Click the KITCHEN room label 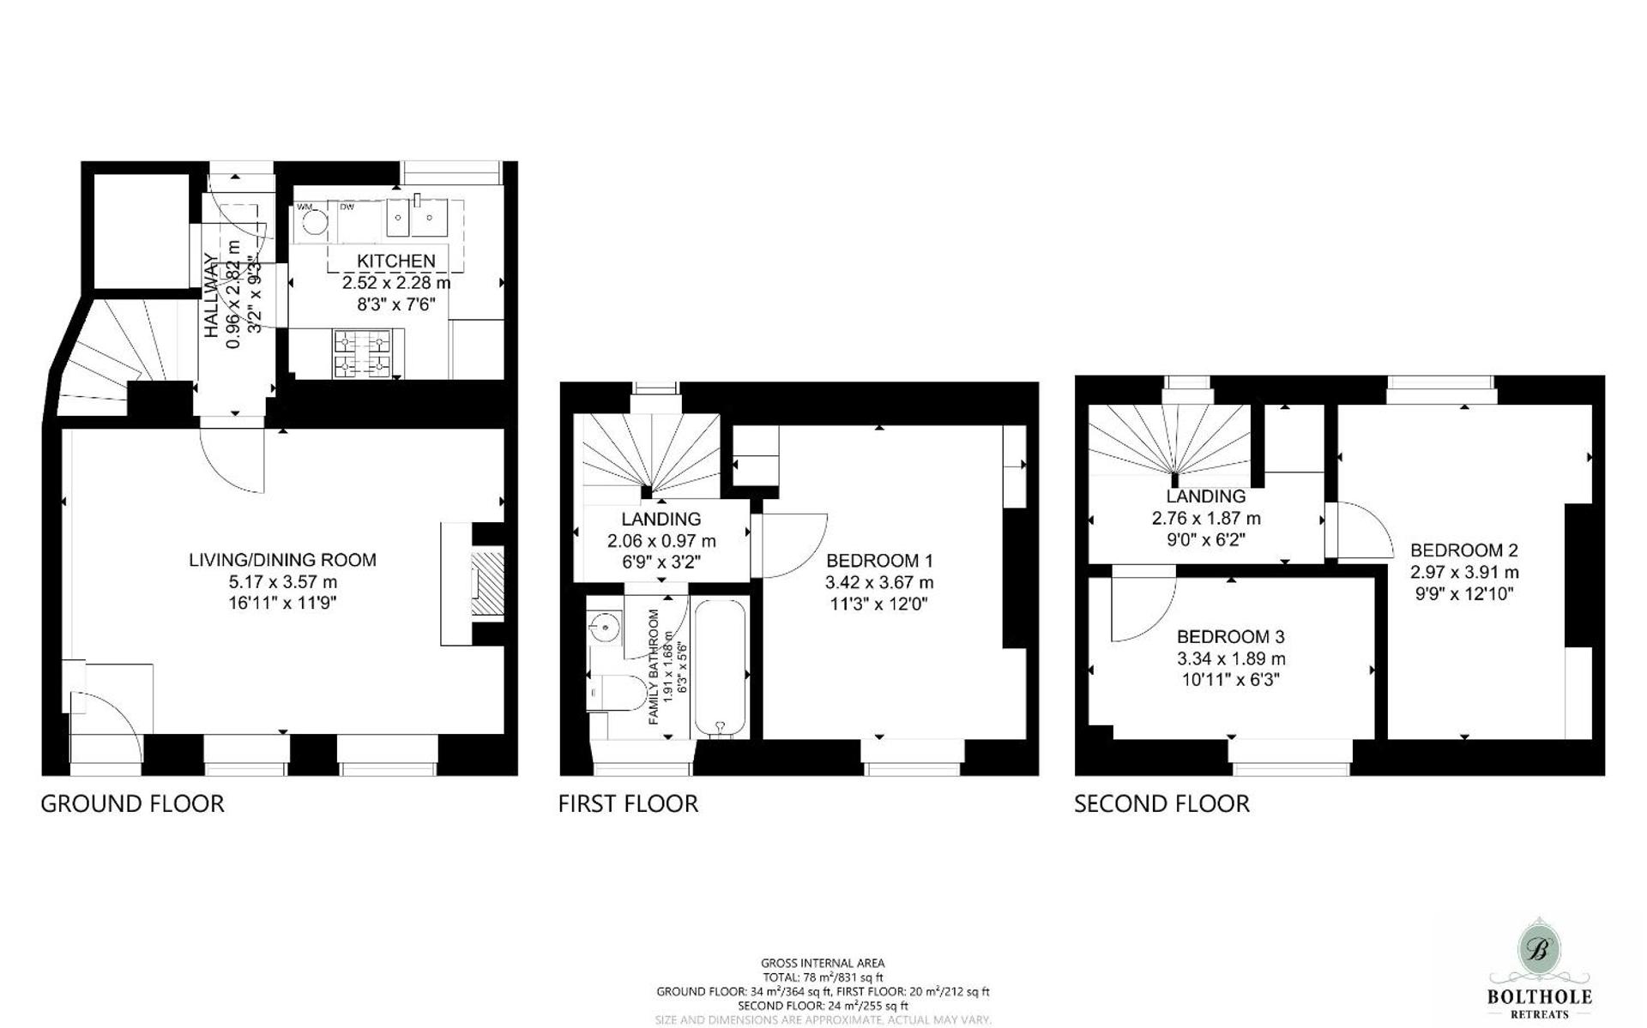click(395, 261)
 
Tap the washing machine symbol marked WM click(315, 224)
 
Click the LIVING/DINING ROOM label click(282, 560)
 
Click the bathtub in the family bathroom click(721, 669)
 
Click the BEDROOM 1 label click(879, 561)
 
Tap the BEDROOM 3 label click(1230, 637)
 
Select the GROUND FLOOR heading click(132, 804)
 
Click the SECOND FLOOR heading click(1161, 804)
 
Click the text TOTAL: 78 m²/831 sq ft click(822, 977)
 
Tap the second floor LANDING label click(1205, 496)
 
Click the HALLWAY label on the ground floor click(210, 296)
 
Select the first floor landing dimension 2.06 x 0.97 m click(661, 541)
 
